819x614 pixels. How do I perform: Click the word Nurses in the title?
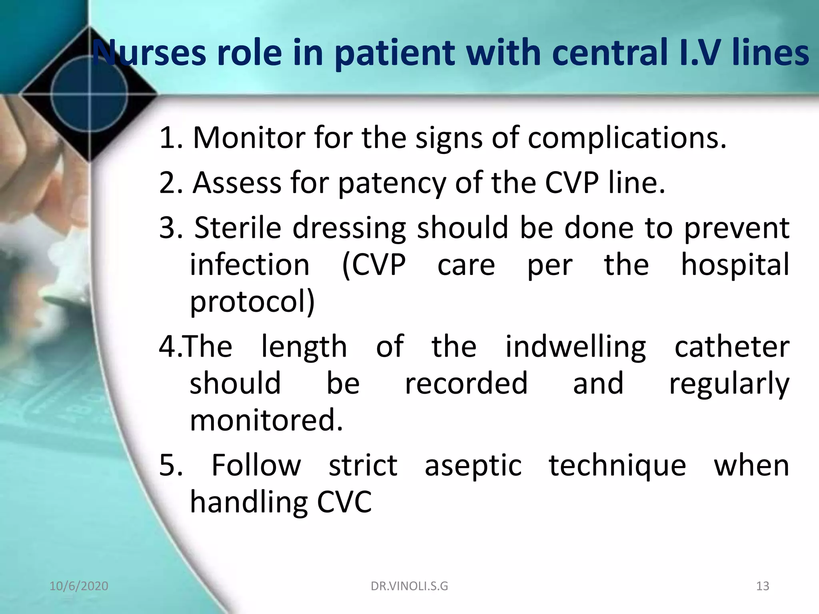(x=150, y=53)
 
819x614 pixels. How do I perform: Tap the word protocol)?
(x=252, y=302)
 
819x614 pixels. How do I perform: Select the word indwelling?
(x=575, y=347)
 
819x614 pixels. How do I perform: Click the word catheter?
(x=732, y=346)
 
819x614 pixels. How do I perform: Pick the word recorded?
(x=466, y=383)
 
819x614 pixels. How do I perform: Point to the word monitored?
(x=266, y=421)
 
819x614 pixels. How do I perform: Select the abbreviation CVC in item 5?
(x=344, y=502)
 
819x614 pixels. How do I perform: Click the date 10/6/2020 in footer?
(x=79, y=586)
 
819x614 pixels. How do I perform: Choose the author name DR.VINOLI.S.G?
(x=409, y=586)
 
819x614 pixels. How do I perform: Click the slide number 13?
(x=763, y=586)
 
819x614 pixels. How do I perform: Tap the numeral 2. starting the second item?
(x=171, y=183)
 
